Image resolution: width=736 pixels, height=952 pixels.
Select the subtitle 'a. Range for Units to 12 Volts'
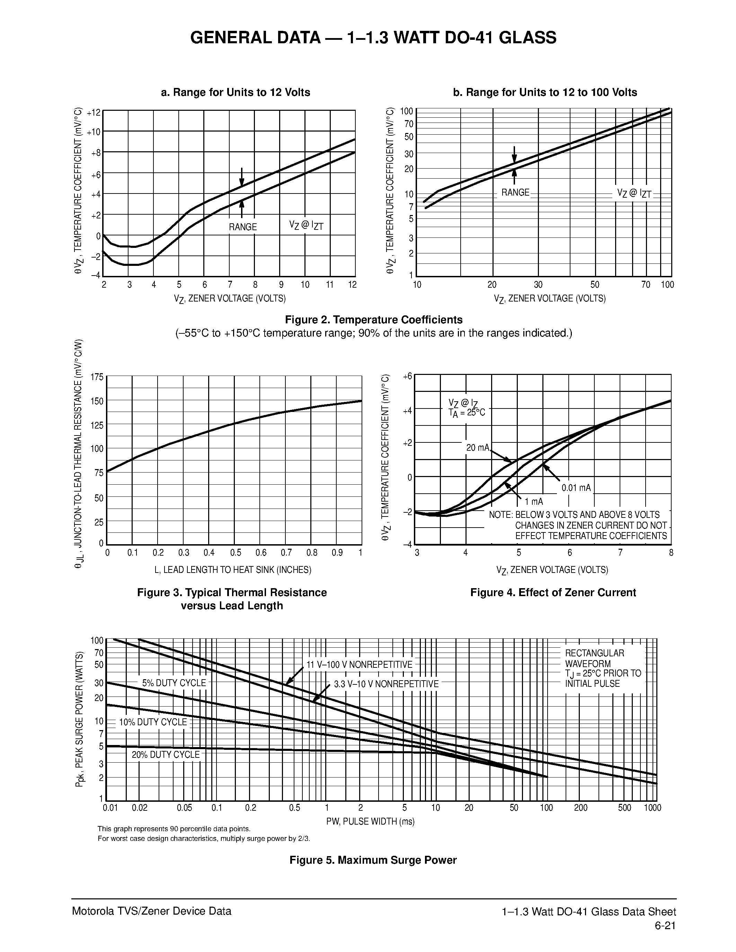(x=236, y=92)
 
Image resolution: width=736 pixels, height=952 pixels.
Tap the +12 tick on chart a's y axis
(x=94, y=113)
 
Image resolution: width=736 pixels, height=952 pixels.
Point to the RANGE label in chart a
(x=243, y=227)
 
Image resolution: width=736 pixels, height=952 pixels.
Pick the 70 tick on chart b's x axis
(x=646, y=285)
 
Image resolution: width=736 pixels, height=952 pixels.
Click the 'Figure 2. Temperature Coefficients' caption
(x=374, y=320)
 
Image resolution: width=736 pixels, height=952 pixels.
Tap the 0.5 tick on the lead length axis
(x=236, y=553)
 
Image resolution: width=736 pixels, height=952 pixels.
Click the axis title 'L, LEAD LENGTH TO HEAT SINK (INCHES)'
(x=233, y=570)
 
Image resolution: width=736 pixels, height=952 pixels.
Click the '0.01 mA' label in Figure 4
(x=576, y=488)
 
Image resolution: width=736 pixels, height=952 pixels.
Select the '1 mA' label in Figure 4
(x=534, y=502)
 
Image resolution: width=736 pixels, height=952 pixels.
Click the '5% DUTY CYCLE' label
(x=174, y=683)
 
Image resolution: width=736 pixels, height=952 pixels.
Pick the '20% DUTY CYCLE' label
(x=166, y=755)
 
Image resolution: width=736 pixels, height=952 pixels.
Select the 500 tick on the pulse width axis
(x=624, y=808)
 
